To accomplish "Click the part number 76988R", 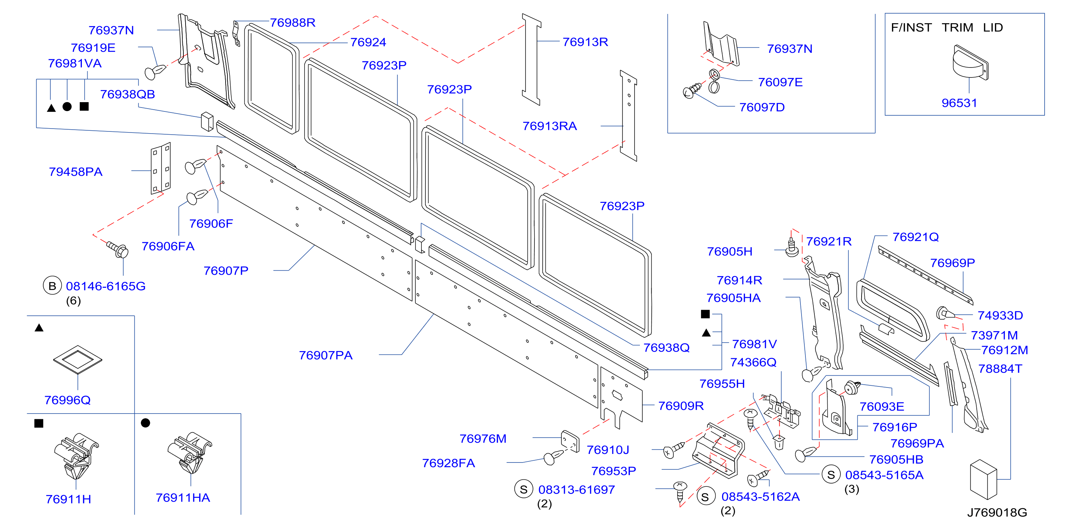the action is [x=292, y=22].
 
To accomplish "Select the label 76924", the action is [x=368, y=42].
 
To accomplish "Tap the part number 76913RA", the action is [x=549, y=126].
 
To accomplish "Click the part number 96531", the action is [x=959, y=103].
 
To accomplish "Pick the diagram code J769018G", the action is [x=997, y=512].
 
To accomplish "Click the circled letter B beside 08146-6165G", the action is [x=52, y=286].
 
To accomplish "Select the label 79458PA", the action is [x=75, y=172].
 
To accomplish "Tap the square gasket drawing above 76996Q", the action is [x=78, y=359].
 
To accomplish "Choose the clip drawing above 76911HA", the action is [x=190, y=452].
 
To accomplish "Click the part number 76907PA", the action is [x=326, y=355].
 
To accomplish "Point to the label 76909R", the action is [x=681, y=406].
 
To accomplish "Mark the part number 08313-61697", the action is [x=576, y=490].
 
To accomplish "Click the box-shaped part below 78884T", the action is [x=983, y=479].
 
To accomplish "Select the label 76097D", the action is [x=761, y=107].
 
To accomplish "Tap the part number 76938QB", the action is [x=127, y=94].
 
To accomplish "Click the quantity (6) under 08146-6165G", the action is [x=73, y=301].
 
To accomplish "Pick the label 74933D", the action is [x=1000, y=315].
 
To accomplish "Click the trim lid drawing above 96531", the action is [x=970, y=62].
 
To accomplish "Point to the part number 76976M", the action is [x=483, y=439].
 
